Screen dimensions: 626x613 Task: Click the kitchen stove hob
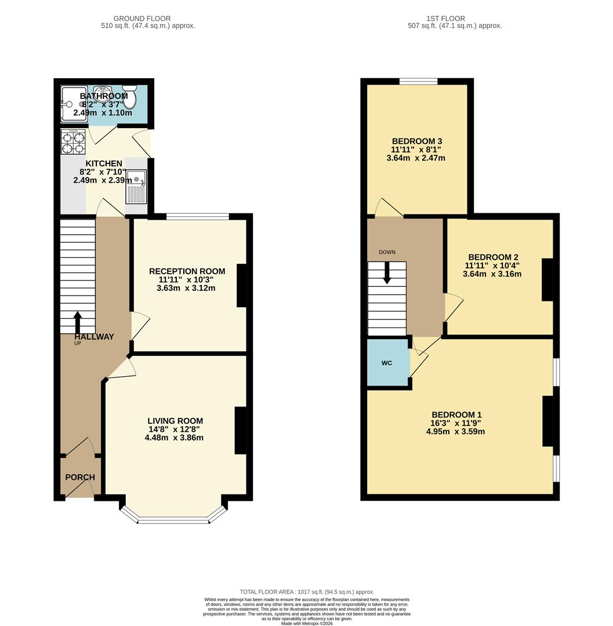[x=73, y=142]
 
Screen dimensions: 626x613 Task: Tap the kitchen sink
[x=137, y=186]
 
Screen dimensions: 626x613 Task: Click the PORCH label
[x=80, y=478]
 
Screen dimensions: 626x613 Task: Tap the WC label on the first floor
[x=387, y=363]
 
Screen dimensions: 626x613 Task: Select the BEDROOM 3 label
[x=418, y=141]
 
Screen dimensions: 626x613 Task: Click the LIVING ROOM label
[x=175, y=421]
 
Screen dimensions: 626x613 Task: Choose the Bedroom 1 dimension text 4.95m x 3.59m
[x=456, y=431]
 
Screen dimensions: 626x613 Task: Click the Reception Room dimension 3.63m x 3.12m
[x=186, y=288]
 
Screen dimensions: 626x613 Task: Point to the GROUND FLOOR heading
[x=142, y=19]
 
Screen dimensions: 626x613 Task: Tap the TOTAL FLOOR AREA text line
[x=307, y=592]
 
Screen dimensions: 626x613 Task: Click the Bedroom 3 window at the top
[x=418, y=81]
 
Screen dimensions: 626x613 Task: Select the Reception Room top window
[x=198, y=217]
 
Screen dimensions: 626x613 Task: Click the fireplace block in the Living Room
[x=240, y=430]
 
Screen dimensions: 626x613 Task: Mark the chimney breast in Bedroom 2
[x=547, y=279]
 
